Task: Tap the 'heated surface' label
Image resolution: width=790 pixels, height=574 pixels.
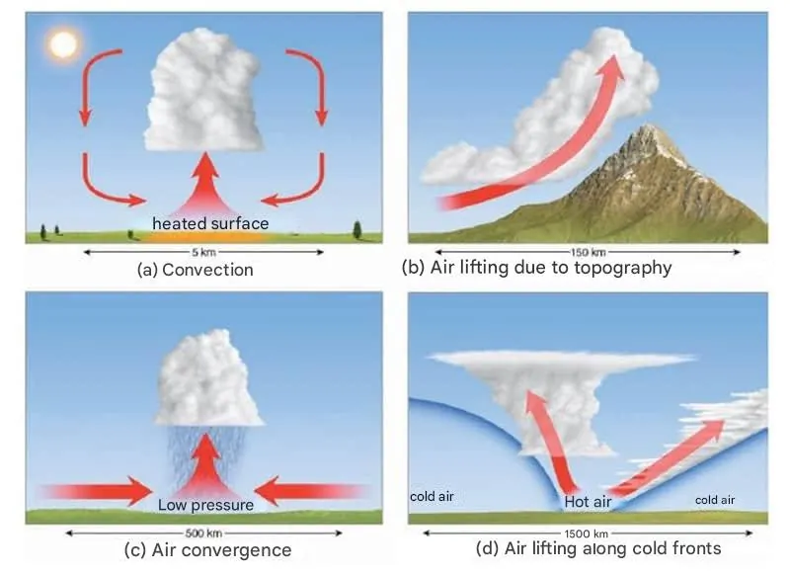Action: click(209, 223)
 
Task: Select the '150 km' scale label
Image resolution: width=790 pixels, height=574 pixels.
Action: click(589, 253)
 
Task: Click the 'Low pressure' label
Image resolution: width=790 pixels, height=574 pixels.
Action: click(205, 505)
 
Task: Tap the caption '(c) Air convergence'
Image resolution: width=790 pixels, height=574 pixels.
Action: click(205, 550)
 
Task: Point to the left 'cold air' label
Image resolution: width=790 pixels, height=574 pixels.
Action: click(431, 495)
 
